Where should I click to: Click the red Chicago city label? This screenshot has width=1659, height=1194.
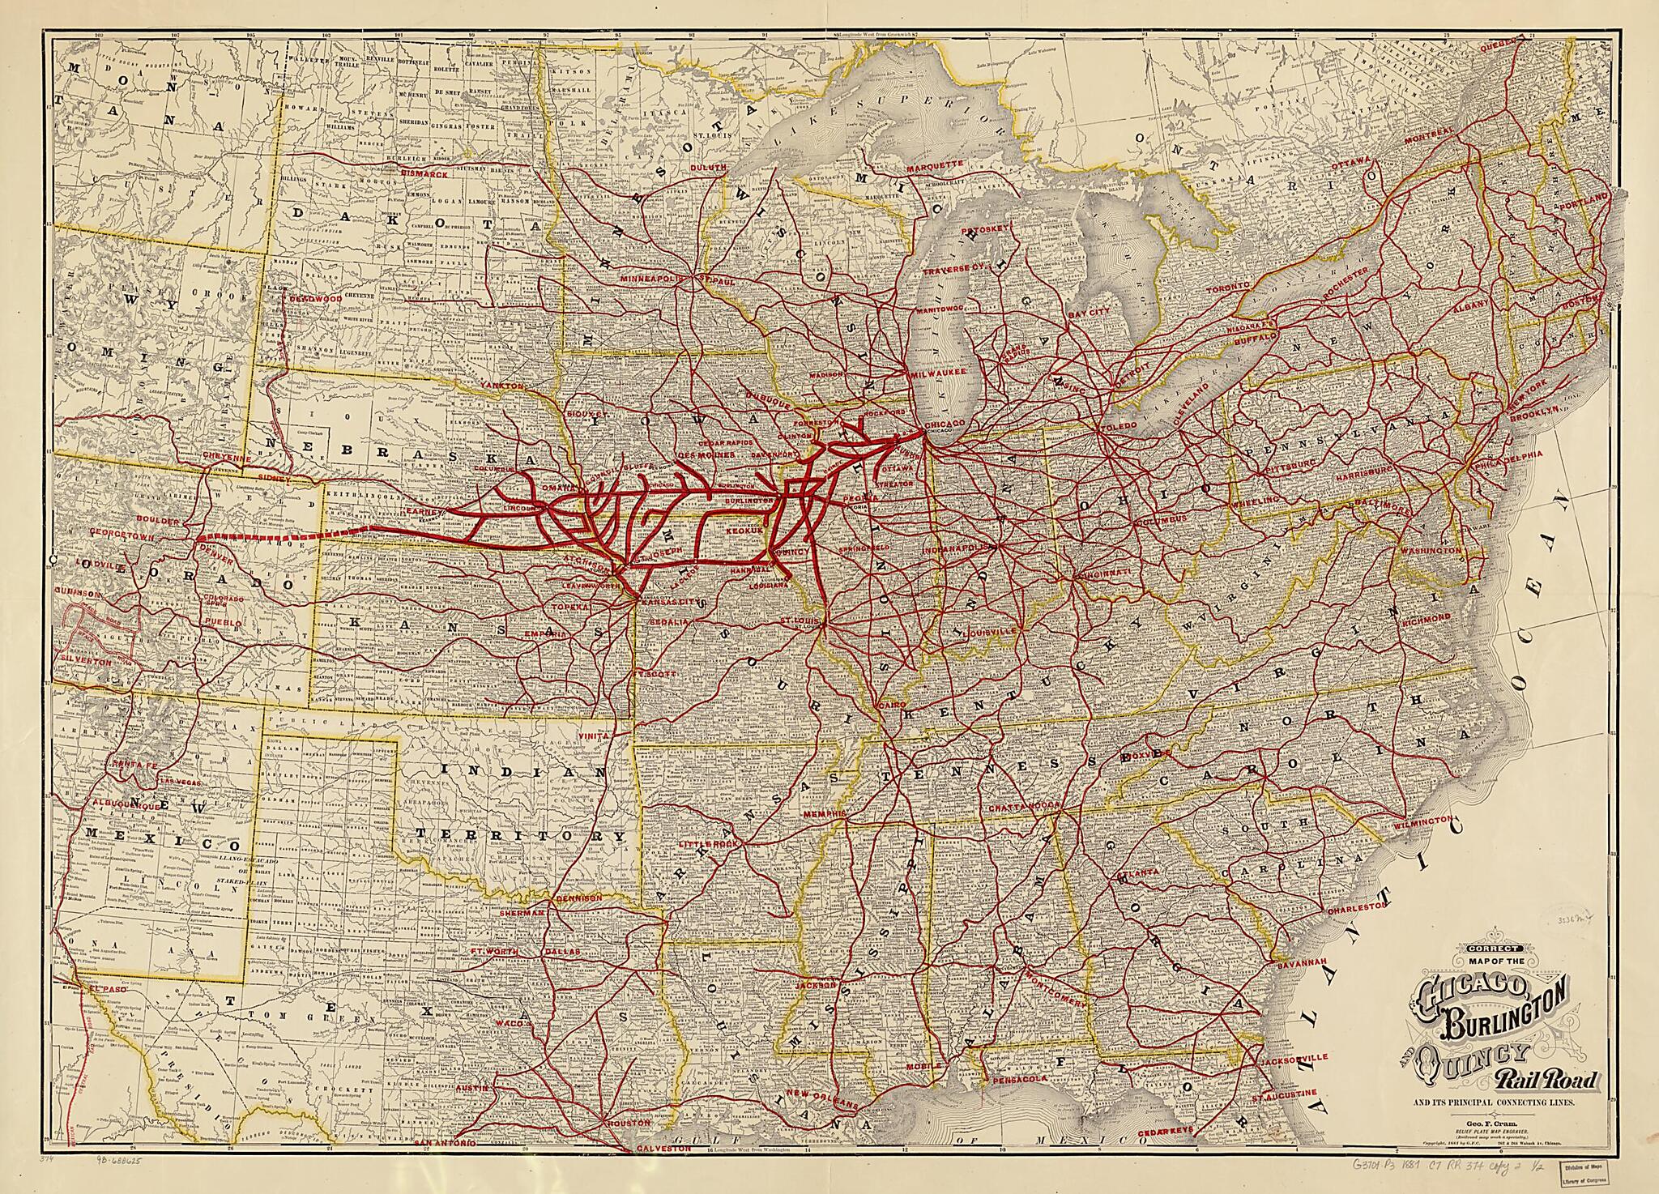pos(944,424)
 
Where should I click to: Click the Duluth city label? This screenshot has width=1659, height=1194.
pos(709,167)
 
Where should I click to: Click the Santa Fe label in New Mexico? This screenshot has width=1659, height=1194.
pos(134,765)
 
